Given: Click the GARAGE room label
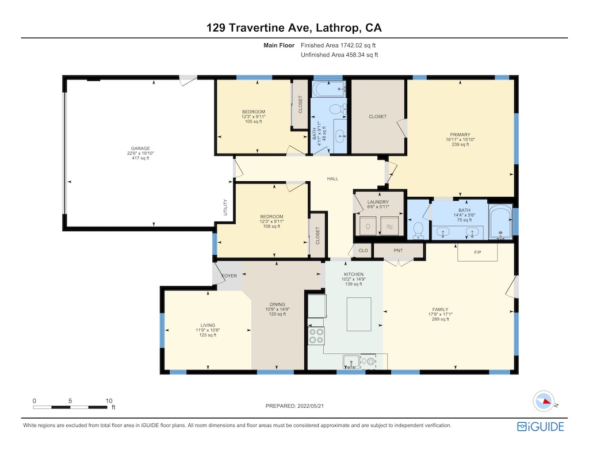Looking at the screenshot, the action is [140, 148].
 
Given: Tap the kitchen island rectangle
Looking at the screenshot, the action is [359, 314].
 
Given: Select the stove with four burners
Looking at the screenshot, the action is [316, 336].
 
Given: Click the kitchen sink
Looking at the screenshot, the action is [351, 362].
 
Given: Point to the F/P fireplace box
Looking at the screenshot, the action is [477, 252].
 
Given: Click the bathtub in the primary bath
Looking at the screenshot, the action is [500, 221].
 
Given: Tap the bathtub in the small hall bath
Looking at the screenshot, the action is [328, 89].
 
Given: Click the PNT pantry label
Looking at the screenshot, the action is [398, 251].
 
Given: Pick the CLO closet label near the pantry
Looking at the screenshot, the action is [364, 251].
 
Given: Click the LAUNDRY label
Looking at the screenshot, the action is [378, 202].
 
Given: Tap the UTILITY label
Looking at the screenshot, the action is [225, 208].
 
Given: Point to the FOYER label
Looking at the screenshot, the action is [229, 276].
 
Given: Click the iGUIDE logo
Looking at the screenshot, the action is [541, 426].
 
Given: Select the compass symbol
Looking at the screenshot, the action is [544, 402].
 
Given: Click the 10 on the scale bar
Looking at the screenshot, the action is [109, 401].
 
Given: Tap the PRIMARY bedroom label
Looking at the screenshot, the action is [460, 135].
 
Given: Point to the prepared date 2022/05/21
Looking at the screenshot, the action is [311, 406].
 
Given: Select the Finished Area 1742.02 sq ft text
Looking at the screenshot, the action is [338, 45].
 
